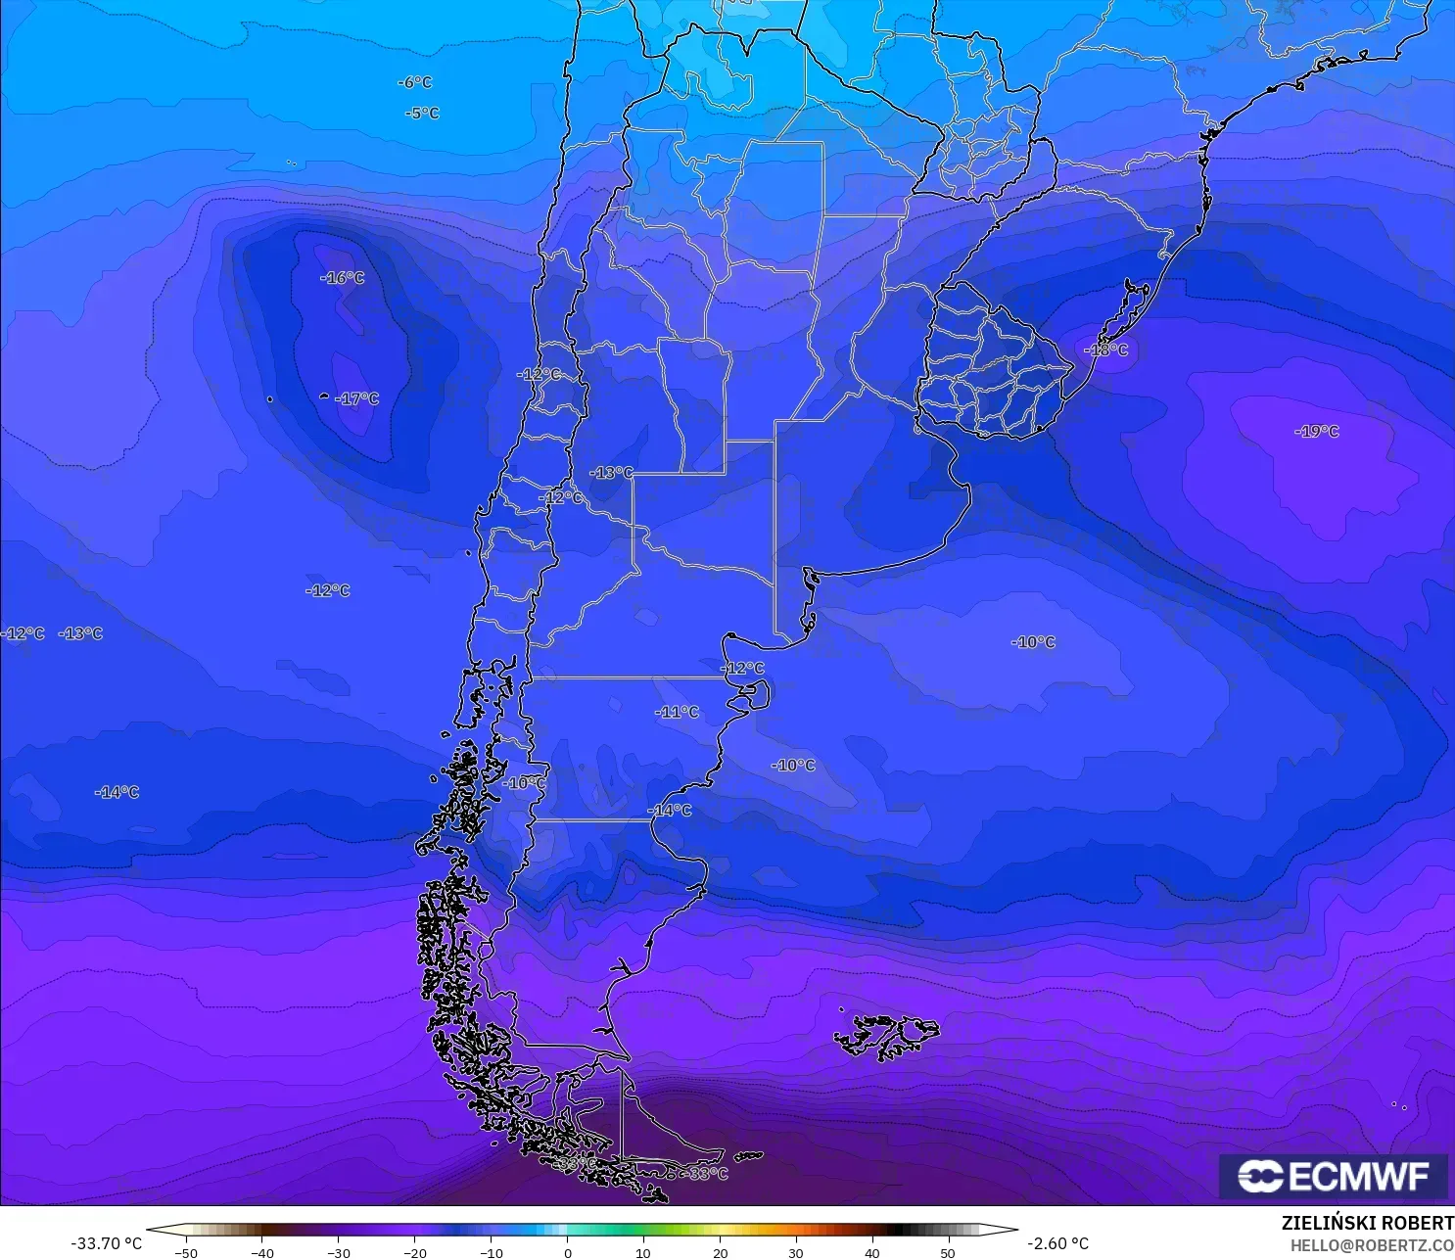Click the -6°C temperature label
point(415,82)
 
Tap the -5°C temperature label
point(423,114)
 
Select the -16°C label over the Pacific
point(343,278)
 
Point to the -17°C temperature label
point(357,398)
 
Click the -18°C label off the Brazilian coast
point(1106,350)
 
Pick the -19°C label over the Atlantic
point(1317,431)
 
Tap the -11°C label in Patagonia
point(678,712)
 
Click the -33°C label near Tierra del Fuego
point(707,1173)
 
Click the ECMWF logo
point(1334,1176)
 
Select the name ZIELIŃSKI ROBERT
point(1368,1223)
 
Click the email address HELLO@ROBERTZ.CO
point(1372,1245)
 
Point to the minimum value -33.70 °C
point(107,1243)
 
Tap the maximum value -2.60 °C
point(1057,1243)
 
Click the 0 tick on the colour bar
point(568,1253)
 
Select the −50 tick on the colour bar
point(185,1253)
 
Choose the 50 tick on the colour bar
point(948,1253)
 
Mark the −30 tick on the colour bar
point(338,1253)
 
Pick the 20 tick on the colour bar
point(721,1253)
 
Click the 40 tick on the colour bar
point(872,1253)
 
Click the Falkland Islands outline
point(886,1036)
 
